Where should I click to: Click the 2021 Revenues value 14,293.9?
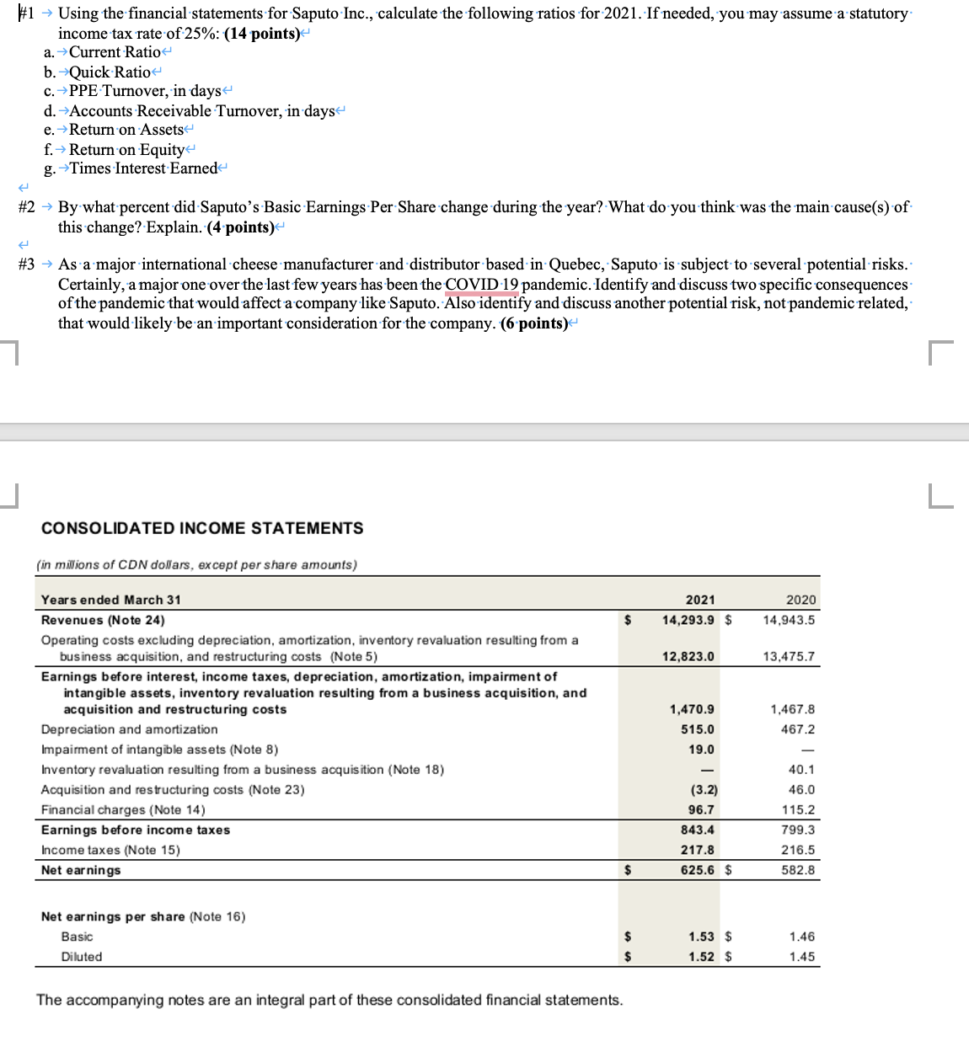(688, 620)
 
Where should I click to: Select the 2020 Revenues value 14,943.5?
(789, 620)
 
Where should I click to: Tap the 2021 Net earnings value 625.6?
(697, 870)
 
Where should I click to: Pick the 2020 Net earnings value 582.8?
(798, 870)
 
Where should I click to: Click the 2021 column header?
(699, 600)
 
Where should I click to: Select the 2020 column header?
(800, 600)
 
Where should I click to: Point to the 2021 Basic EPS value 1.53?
(701, 937)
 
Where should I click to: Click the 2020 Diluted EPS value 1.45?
(801, 957)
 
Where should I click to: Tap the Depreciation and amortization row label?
(129, 729)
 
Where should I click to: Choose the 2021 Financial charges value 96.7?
(700, 809)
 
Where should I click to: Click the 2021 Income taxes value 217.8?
(697, 850)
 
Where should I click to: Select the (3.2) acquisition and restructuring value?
(704, 790)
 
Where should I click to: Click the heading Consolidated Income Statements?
(202, 528)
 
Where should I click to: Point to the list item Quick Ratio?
(110, 72)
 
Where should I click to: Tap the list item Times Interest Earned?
(143, 168)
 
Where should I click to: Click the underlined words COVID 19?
(482, 285)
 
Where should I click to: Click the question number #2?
(27, 207)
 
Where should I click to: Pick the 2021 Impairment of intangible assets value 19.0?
(701, 750)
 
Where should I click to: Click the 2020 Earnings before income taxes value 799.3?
(798, 830)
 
